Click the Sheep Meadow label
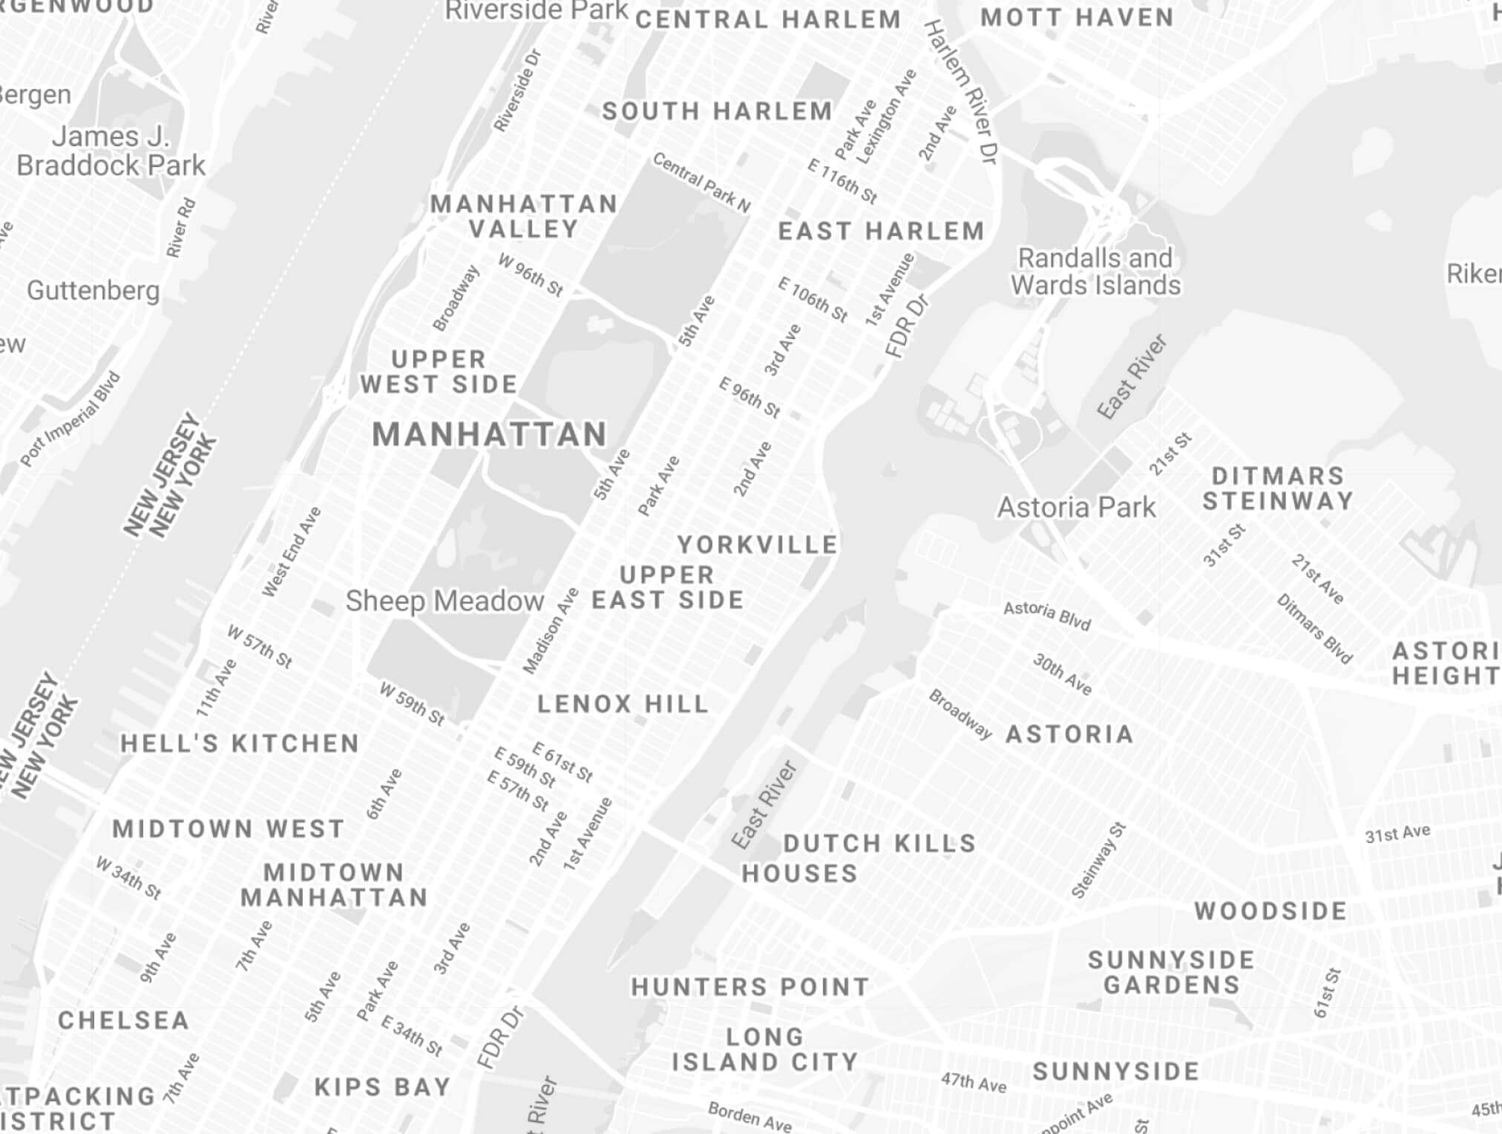click(x=445, y=601)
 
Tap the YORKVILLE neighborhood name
click(x=757, y=545)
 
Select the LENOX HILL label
click(x=623, y=704)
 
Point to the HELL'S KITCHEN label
click(x=240, y=744)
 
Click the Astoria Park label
click(x=1076, y=508)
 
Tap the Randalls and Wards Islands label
click(x=1095, y=272)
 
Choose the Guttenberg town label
click(x=94, y=290)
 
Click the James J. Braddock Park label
click(x=111, y=151)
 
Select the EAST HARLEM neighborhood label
click(x=881, y=232)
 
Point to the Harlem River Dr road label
click(x=961, y=92)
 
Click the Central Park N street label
click(x=701, y=182)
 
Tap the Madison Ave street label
click(x=551, y=631)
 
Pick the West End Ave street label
click(x=291, y=551)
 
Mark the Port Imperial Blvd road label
click(x=70, y=419)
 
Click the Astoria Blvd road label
click(x=1046, y=616)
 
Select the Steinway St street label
click(x=1098, y=861)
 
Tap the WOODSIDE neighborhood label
click(x=1270, y=911)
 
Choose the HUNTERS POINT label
click(x=750, y=987)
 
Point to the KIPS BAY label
click(x=382, y=1087)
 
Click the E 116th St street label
click(x=842, y=182)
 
